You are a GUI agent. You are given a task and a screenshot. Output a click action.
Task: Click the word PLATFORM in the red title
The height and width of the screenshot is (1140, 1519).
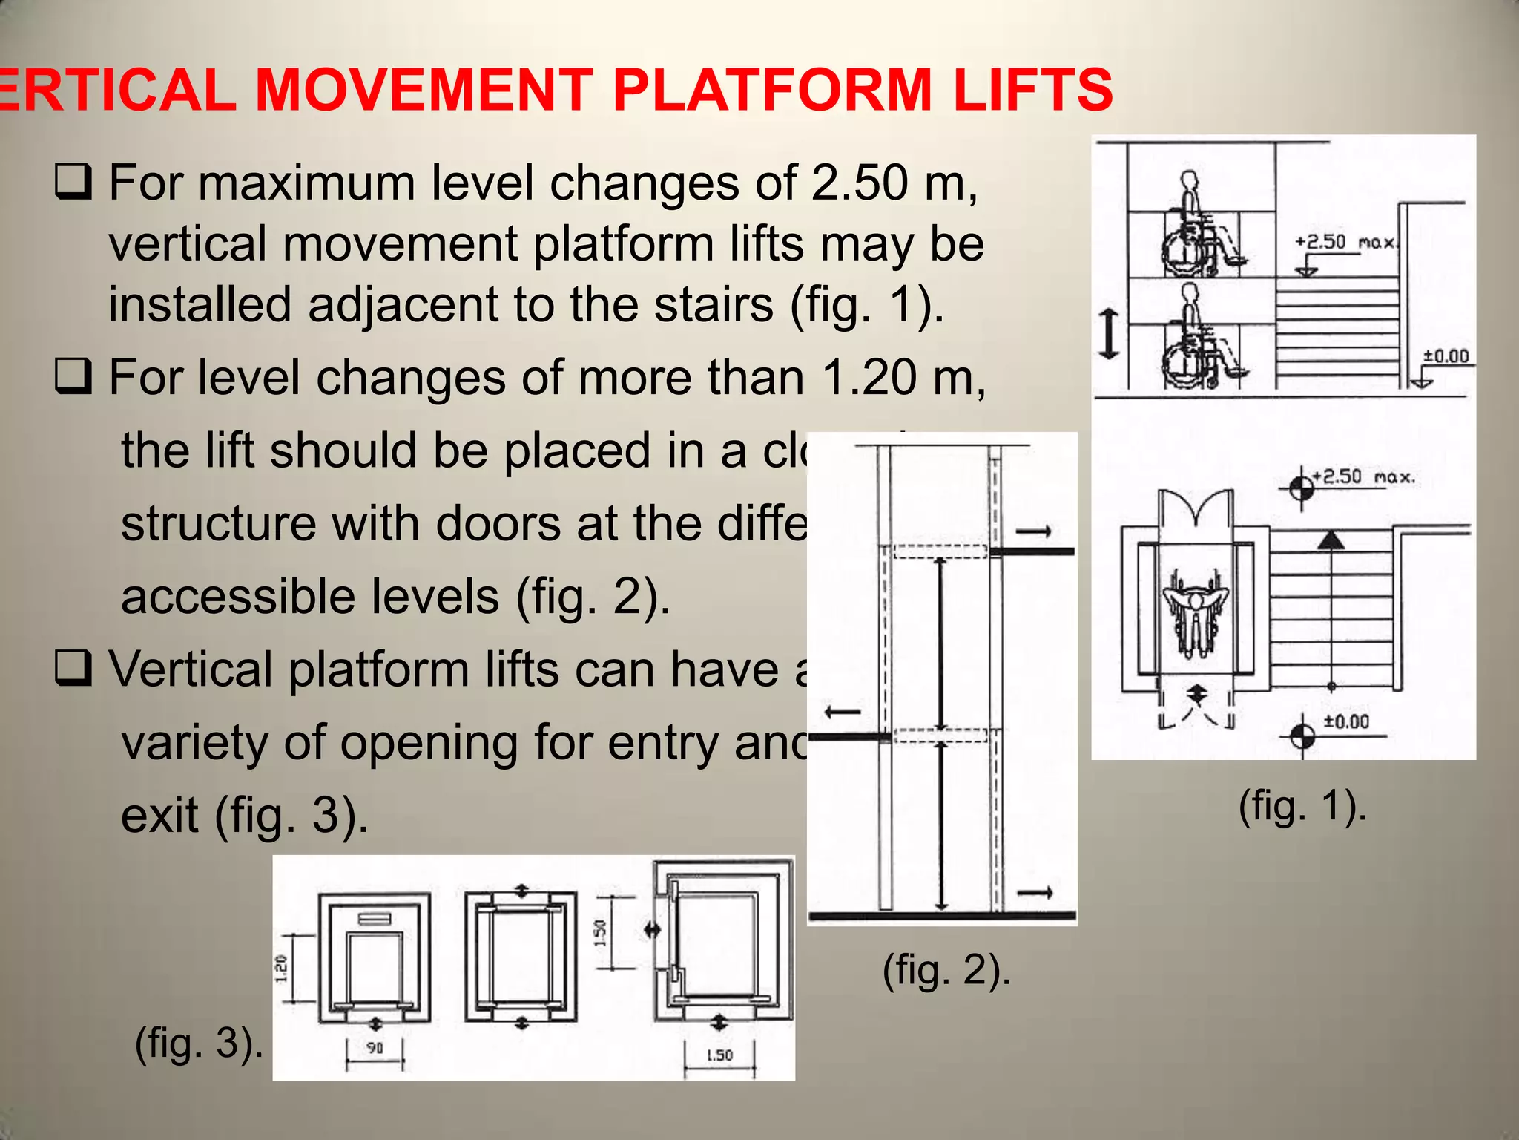pyautogui.click(x=771, y=90)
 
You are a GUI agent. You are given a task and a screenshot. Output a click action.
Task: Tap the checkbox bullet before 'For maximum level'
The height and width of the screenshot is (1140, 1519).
pyautogui.click(x=73, y=183)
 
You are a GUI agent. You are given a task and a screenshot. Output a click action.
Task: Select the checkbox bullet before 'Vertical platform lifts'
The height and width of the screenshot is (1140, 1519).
pyautogui.click(x=73, y=668)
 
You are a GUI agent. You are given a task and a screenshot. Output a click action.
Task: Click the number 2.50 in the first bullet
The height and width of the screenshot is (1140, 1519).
pyautogui.click(x=859, y=182)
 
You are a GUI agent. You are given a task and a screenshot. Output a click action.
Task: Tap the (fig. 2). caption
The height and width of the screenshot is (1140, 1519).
pyautogui.click(x=946, y=969)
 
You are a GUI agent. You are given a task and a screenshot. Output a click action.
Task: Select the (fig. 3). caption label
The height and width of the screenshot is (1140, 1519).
pyautogui.click(x=199, y=1043)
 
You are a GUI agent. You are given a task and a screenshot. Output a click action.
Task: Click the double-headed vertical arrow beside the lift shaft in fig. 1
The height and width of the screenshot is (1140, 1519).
pyautogui.click(x=1109, y=334)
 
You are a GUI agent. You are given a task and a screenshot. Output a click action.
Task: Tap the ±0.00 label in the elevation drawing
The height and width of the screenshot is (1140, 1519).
pyautogui.click(x=1446, y=357)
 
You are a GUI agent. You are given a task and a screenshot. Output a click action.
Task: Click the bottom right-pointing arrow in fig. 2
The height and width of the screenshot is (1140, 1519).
pyautogui.click(x=1035, y=893)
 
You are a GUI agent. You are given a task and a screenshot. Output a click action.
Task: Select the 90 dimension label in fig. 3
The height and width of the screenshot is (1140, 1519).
pyautogui.click(x=375, y=1048)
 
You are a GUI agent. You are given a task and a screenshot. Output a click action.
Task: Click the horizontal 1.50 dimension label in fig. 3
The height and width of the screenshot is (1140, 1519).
pyautogui.click(x=719, y=1055)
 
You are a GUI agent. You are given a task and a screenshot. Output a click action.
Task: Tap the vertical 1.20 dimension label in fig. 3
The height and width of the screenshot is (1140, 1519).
pyautogui.click(x=282, y=969)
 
